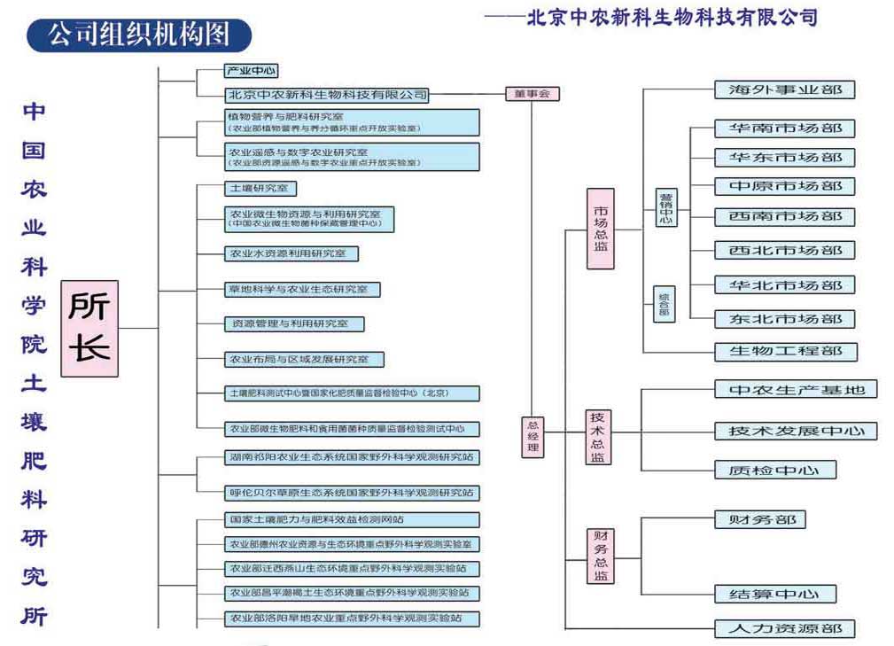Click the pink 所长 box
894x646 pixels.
coord(89,328)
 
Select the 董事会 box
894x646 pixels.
coord(532,93)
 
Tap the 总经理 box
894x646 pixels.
coord(533,437)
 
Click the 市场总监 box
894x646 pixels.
coord(601,229)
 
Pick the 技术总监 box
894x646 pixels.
coord(600,437)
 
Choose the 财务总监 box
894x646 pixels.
coord(600,556)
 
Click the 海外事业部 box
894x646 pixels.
coord(785,90)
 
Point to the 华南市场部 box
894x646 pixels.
coord(785,128)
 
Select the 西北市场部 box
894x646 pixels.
coord(785,251)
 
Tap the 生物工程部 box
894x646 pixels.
coord(785,351)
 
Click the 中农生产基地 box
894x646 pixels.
coord(796,390)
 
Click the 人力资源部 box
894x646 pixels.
coord(785,629)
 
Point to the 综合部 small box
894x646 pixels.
coord(664,304)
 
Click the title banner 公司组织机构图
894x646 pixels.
coord(139,35)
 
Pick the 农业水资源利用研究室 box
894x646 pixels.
coord(292,253)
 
